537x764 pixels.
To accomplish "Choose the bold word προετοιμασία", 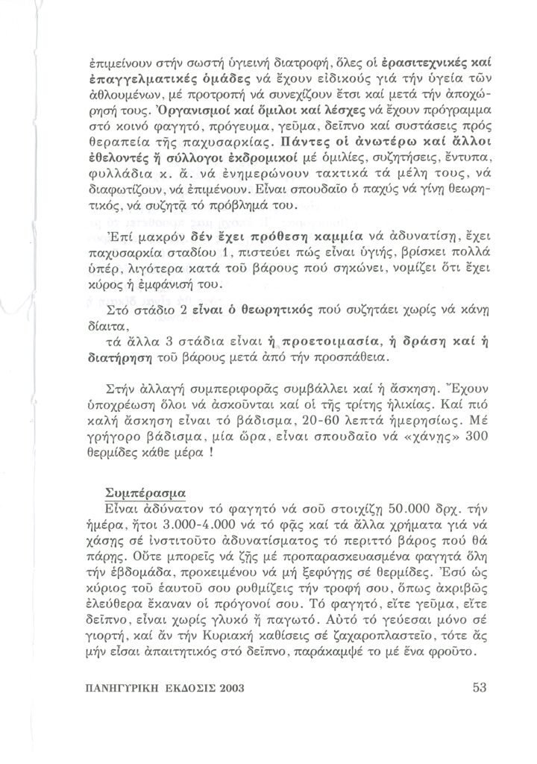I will pos(324,342).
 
